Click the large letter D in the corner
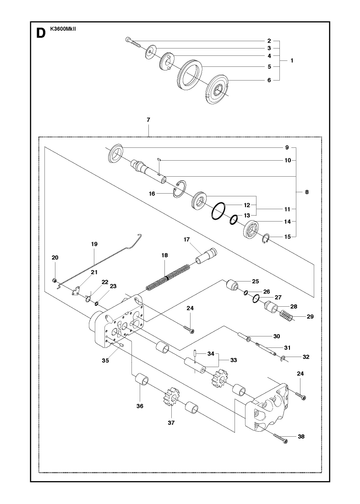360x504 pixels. (40, 33)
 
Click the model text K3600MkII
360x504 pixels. (63, 29)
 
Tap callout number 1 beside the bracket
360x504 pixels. (292, 61)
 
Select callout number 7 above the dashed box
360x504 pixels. (148, 119)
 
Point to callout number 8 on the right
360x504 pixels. (307, 192)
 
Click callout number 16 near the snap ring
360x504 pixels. (152, 194)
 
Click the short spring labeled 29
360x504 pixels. (287, 316)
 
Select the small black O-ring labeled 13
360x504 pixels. (233, 219)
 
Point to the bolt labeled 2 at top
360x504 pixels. (133, 42)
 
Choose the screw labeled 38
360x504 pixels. (280, 438)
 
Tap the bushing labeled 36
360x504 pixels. (141, 379)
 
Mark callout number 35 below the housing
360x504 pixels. (105, 360)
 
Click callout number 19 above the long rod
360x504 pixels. (94, 244)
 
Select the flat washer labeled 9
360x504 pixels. (116, 153)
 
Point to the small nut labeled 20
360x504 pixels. (54, 280)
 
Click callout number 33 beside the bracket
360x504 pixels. (234, 360)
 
